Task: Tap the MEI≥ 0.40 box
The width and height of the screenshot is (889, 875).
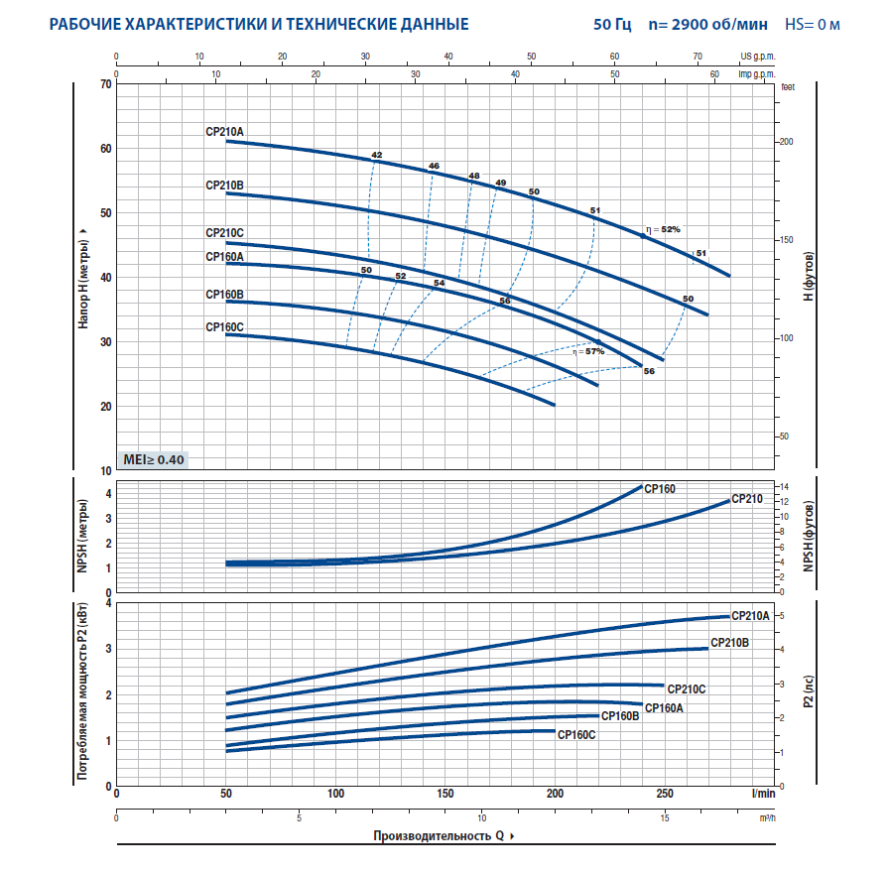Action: [152, 459]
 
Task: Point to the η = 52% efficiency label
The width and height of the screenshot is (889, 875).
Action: [664, 229]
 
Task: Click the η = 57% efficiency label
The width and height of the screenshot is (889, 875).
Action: [587, 351]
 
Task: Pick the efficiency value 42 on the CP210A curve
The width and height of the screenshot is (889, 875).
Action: [376, 156]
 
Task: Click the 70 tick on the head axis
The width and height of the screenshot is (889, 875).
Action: [105, 84]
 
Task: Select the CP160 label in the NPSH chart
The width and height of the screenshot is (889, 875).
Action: [660, 488]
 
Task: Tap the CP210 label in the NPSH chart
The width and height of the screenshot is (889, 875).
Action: [747, 499]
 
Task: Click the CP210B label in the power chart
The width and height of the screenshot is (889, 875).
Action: [729, 643]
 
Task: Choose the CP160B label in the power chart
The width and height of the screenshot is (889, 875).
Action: [620, 715]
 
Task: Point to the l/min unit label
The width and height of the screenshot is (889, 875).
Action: [762, 794]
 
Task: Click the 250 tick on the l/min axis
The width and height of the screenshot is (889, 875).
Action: [665, 794]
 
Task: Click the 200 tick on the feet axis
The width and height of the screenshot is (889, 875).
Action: [786, 142]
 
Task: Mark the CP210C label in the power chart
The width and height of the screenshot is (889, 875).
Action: [686, 688]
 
